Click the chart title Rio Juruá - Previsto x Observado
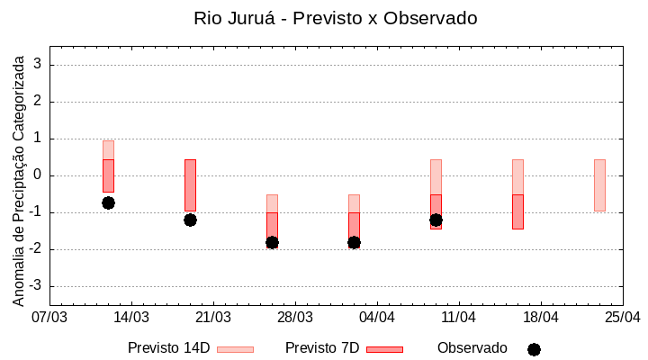336,18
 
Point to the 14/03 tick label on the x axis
131,318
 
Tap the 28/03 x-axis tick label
295,318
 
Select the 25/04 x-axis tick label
623,318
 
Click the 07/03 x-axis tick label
49,318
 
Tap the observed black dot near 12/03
108,202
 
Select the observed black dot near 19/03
190,220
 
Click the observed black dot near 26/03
272,242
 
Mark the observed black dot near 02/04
354,242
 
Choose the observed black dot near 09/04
436,220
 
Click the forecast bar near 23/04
599,185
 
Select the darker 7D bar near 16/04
517,211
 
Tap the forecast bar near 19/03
190,185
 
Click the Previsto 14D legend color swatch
235,349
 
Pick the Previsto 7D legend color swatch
384,349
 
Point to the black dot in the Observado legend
534,349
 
